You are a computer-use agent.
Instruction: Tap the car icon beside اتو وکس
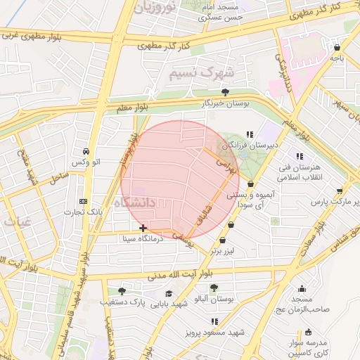pyautogui.click(x=86, y=152)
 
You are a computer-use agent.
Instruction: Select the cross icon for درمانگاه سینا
pyautogui.click(x=143, y=228)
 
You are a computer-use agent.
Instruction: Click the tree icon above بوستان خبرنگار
pyautogui.click(x=225, y=92)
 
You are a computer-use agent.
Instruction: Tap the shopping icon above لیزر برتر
pyautogui.click(x=223, y=240)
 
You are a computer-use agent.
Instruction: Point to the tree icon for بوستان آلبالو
pyautogui.click(x=213, y=288)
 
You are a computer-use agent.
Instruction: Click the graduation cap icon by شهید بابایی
pyautogui.click(x=169, y=293)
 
